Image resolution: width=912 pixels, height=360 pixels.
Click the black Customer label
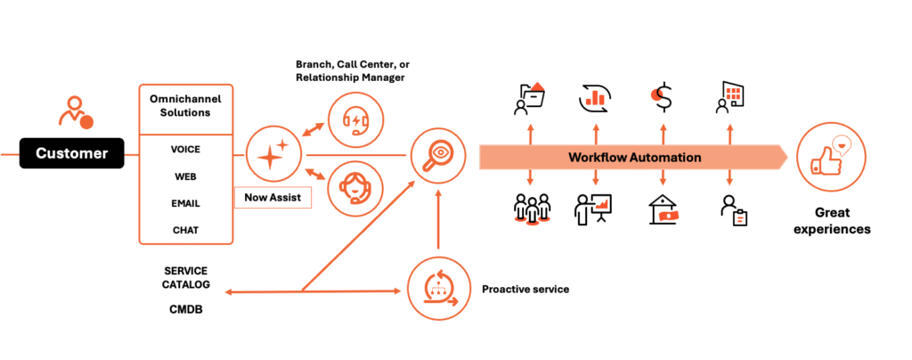click(71, 154)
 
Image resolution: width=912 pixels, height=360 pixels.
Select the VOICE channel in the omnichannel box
click(185, 150)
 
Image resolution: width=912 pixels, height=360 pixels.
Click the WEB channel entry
click(185, 176)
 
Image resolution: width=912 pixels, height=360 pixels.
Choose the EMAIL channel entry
click(185, 203)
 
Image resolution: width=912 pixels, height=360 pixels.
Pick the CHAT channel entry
click(185, 230)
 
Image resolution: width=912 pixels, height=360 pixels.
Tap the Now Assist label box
click(272, 197)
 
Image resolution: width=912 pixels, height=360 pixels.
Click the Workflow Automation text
click(635, 158)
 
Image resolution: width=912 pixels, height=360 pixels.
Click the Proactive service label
click(525, 290)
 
